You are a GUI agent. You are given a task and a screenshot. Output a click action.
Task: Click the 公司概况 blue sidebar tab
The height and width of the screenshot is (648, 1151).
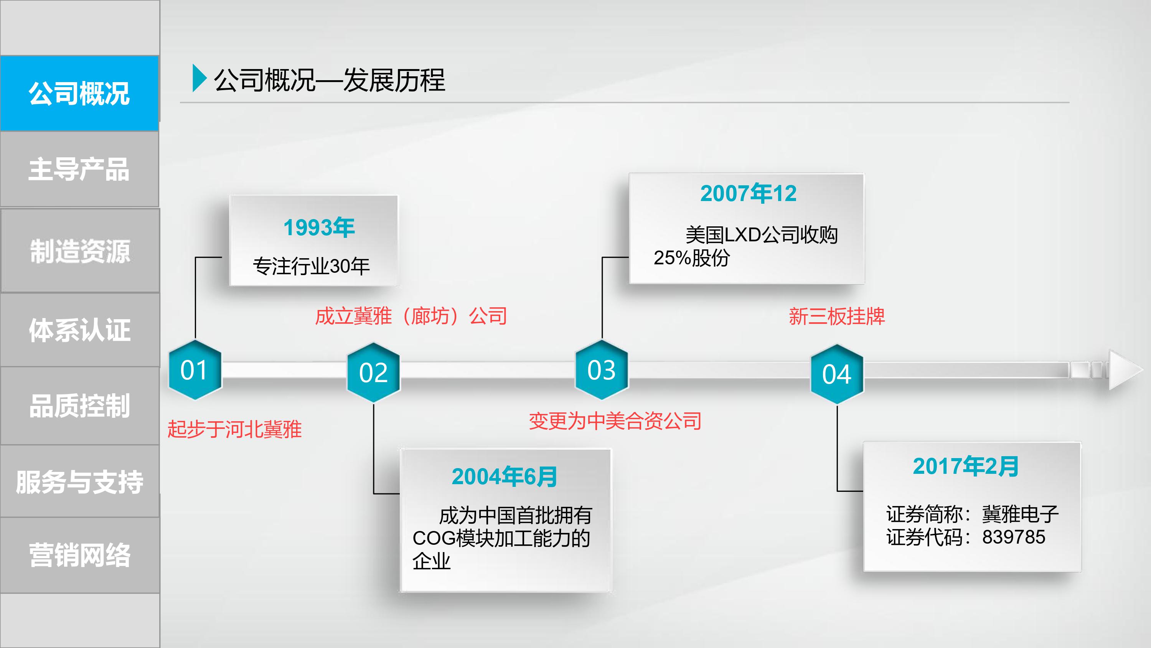(x=79, y=93)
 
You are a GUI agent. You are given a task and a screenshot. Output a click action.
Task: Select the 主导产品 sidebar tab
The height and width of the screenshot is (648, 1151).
(x=79, y=169)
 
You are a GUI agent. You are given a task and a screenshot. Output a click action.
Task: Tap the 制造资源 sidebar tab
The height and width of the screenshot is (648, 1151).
(x=80, y=251)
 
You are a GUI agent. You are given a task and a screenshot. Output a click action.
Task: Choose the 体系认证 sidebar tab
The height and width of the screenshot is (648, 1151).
(x=80, y=330)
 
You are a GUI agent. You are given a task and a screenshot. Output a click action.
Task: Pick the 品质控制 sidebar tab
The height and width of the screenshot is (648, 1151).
(x=80, y=406)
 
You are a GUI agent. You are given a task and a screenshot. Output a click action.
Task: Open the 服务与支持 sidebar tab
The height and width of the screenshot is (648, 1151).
(x=80, y=482)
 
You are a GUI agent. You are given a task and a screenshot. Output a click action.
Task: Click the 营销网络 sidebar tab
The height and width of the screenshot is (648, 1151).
(x=80, y=555)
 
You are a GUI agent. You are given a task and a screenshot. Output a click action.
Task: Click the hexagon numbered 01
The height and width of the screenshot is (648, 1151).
(x=195, y=369)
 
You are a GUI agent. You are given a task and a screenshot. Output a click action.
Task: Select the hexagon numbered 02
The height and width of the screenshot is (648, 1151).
(x=374, y=372)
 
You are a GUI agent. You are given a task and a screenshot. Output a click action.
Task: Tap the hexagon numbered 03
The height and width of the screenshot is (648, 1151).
(x=602, y=369)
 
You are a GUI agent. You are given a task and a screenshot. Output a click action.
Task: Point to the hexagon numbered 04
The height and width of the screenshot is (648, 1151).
(x=837, y=374)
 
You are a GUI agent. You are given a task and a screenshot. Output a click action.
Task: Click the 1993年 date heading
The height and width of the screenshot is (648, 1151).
(x=319, y=228)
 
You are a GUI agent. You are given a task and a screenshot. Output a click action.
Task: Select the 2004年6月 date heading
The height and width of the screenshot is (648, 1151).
(x=505, y=477)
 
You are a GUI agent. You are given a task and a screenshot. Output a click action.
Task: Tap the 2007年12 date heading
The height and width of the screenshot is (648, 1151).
(x=749, y=193)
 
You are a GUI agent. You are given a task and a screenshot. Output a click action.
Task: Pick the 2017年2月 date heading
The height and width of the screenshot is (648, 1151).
(x=966, y=466)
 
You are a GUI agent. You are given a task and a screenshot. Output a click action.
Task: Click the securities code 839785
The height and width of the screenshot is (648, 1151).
(x=1013, y=537)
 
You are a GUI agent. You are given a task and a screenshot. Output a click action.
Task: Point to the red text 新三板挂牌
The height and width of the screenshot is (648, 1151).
(x=836, y=317)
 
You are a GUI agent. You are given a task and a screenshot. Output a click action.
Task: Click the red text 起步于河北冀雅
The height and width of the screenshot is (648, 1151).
(x=234, y=429)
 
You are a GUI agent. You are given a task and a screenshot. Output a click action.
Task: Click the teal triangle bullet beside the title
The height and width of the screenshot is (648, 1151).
(x=199, y=78)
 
